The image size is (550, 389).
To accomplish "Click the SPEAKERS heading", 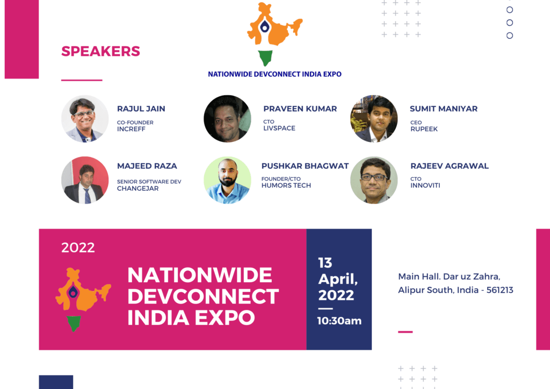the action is pos(100,51).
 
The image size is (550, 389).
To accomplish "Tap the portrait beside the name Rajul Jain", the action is pos(85,119).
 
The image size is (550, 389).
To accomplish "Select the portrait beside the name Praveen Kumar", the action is pos(227,119).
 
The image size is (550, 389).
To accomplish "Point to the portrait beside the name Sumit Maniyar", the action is pos(374,119).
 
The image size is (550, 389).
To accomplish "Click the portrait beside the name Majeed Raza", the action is pos(85,180).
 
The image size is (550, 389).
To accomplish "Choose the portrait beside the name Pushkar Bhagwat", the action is pos(227,180).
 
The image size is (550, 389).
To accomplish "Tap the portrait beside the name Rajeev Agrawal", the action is pos(374,180).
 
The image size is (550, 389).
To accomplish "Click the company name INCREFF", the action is pos(131,129).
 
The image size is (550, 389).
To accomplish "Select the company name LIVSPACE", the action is pos(279,128).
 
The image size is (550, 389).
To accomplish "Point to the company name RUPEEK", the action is pos(424,129).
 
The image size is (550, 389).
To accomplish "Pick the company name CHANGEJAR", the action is pos(138,189).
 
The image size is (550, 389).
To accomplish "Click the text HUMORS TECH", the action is pos(286,185).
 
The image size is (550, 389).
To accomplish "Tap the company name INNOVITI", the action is pos(425,185).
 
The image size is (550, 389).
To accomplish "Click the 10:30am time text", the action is pos(339,321).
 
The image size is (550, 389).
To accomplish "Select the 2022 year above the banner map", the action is pos(78,248).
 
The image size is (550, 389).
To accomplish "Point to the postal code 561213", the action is pos(500,290).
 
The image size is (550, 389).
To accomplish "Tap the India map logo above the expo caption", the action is pos(274,34).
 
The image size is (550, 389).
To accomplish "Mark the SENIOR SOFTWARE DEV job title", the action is pos(149,182).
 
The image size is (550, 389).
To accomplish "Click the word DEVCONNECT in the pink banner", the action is pos(203,297).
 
